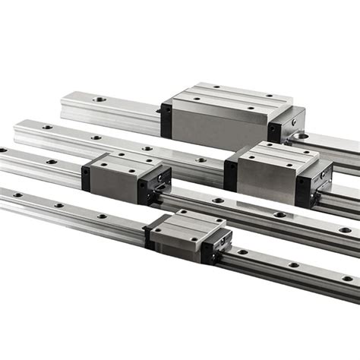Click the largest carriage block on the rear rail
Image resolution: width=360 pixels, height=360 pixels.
[x=228, y=114]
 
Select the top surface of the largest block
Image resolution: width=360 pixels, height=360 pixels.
[x=228, y=96]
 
